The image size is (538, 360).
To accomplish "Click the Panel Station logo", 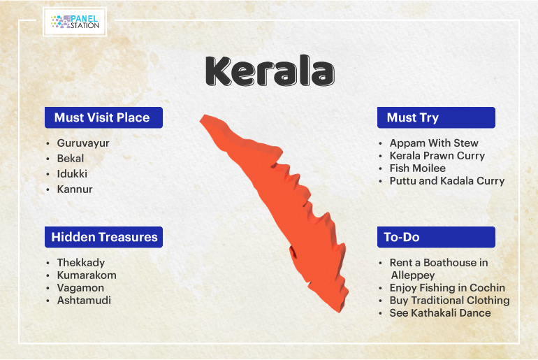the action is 75,22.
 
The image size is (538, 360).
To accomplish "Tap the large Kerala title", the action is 270,71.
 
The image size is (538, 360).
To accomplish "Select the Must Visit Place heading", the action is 102,117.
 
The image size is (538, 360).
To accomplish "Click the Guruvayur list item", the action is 83,143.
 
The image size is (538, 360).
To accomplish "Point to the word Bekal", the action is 71,159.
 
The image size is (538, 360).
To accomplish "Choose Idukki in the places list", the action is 72,173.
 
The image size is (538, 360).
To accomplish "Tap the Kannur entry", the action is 75,189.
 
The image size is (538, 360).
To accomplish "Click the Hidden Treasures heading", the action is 104,237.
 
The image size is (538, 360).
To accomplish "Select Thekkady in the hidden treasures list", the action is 81,263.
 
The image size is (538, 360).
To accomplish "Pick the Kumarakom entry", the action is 87,275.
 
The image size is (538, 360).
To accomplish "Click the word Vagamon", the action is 80,288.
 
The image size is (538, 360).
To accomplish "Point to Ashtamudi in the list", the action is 84,301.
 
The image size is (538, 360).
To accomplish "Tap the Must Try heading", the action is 413,117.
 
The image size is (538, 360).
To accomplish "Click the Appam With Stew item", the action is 434,143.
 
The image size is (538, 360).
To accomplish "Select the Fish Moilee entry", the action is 418,168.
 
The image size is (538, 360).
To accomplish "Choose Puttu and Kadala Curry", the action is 447,181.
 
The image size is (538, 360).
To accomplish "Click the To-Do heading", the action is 402,237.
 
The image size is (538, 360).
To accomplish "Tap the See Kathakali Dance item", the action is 440,313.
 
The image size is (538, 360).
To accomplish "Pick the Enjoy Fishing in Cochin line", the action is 447,288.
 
